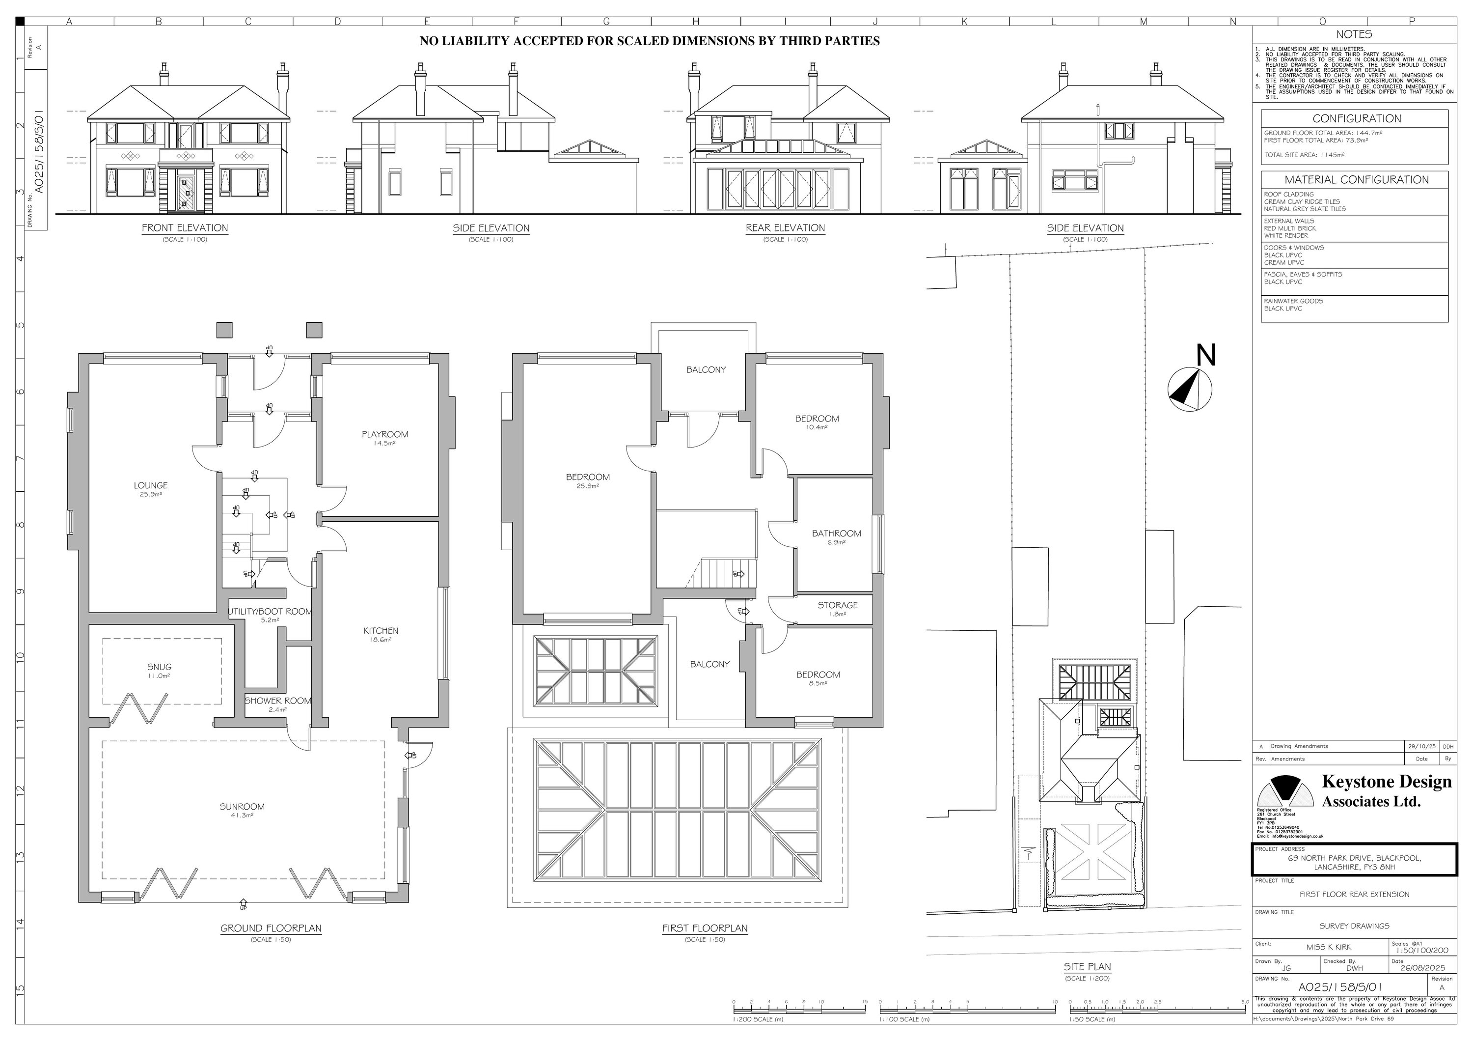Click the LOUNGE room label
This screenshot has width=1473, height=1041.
[x=151, y=486]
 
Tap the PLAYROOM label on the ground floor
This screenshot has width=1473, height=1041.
[x=384, y=434]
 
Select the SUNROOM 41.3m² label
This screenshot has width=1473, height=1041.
[x=242, y=807]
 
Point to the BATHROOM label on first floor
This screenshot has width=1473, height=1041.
[x=836, y=534]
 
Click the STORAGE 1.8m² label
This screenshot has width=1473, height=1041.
[x=837, y=606]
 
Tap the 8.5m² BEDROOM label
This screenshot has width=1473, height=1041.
[x=818, y=675]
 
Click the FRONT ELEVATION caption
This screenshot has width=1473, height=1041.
[x=185, y=228]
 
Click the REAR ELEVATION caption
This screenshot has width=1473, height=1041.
[x=785, y=228]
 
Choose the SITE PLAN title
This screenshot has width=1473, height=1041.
[x=1087, y=966]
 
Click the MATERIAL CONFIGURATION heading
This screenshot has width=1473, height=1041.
[x=1356, y=180]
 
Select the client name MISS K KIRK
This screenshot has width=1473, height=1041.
[x=1324, y=947]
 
